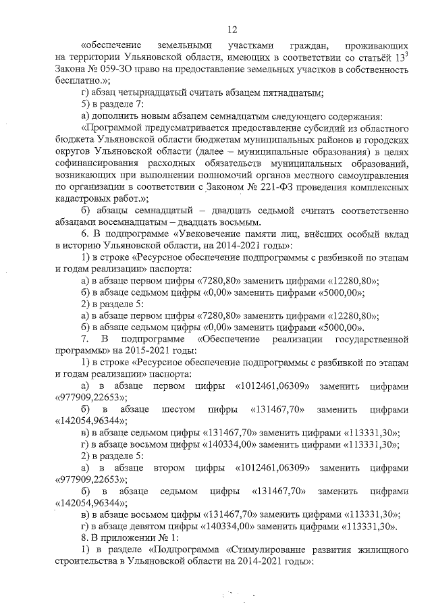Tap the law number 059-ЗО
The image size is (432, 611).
(x=115, y=69)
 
